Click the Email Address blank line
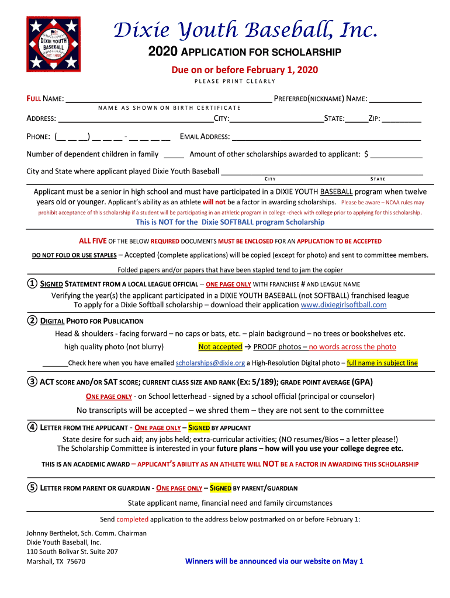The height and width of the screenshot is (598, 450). pos(326,138)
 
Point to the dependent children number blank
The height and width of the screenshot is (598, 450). pos(174,155)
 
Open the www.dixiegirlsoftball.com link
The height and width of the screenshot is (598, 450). pos(343,305)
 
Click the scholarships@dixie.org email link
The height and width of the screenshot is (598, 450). pos(210,363)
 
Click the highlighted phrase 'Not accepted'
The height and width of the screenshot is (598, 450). pos(220,347)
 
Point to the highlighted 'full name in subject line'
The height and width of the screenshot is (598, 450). pos(382,363)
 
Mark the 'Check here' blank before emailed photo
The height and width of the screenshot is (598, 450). pos(55,363)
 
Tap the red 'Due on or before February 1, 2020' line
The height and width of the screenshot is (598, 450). pos(244,70)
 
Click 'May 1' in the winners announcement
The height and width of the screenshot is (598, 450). pos(352,561)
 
